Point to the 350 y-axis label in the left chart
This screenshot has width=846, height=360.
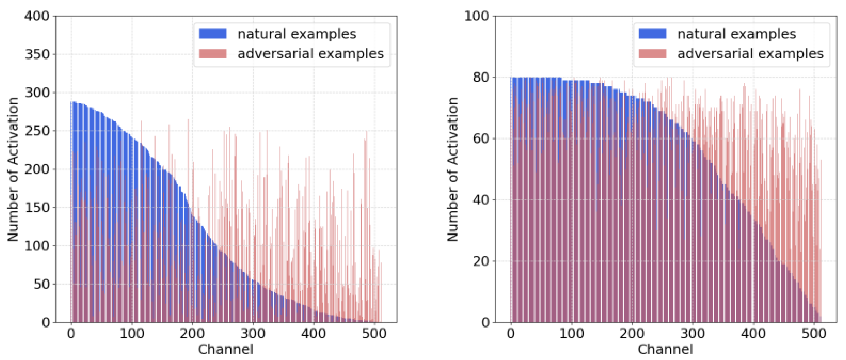point(37,54)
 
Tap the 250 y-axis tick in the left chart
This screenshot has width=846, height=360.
point(37,131)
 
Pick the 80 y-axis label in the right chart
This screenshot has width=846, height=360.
point(481,77)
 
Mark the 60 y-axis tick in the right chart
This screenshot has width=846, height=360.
point(481,138)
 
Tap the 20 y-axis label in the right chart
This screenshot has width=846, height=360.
point(481,261)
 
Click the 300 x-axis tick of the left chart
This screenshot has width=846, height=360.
point(253,334)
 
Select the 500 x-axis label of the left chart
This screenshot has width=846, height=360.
point(374,334)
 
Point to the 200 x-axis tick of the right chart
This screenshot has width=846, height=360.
point(632,334)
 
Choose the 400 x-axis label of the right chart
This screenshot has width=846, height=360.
point(753,334)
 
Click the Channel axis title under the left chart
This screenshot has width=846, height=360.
point(226,349)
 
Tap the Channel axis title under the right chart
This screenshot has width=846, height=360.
point(665,349)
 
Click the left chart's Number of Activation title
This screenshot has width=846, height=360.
point(13,169)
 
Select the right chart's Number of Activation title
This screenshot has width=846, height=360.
point(453,169)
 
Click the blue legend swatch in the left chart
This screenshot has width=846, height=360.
point(213,34)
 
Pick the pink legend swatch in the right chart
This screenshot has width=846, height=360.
point(652,54)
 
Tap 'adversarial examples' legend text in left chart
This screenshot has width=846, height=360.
point(310,54)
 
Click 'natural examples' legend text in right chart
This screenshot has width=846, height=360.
point(737,34)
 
